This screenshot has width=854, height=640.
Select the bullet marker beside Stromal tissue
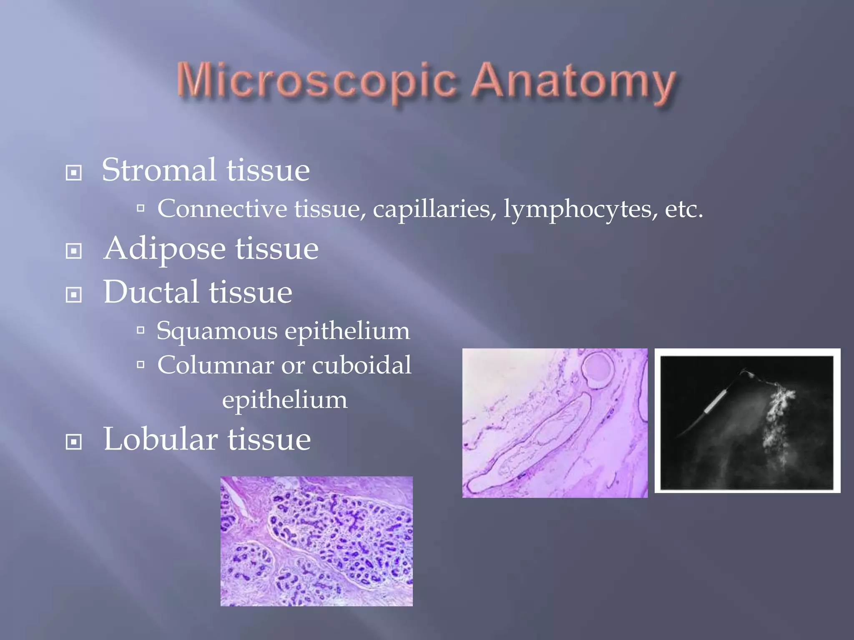click(74, 172)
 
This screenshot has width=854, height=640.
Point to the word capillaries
click(432, 209)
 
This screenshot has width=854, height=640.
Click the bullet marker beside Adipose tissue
click(74, 251)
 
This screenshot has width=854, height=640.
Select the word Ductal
click(151, 292)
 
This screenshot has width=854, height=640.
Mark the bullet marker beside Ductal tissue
click(74, 295)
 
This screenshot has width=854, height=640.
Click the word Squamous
click(217, 332)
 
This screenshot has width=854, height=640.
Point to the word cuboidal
click(362, 365)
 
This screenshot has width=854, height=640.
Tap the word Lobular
click(161, 439)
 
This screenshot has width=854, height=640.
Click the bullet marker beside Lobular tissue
click(74, 442)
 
